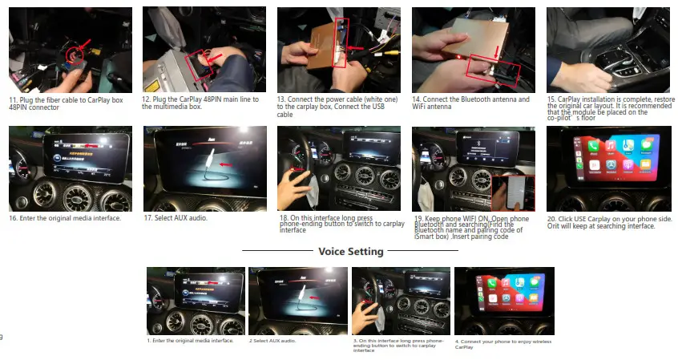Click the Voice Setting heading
click(351, 252)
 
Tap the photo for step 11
click(71, 50)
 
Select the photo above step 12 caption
click(204, 50)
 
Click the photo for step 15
click(607, 50)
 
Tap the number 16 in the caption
click(14, 218)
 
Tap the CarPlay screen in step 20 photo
click(616, 156)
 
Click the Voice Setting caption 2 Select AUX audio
click(272, 341)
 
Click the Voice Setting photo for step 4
click(504, 301)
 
